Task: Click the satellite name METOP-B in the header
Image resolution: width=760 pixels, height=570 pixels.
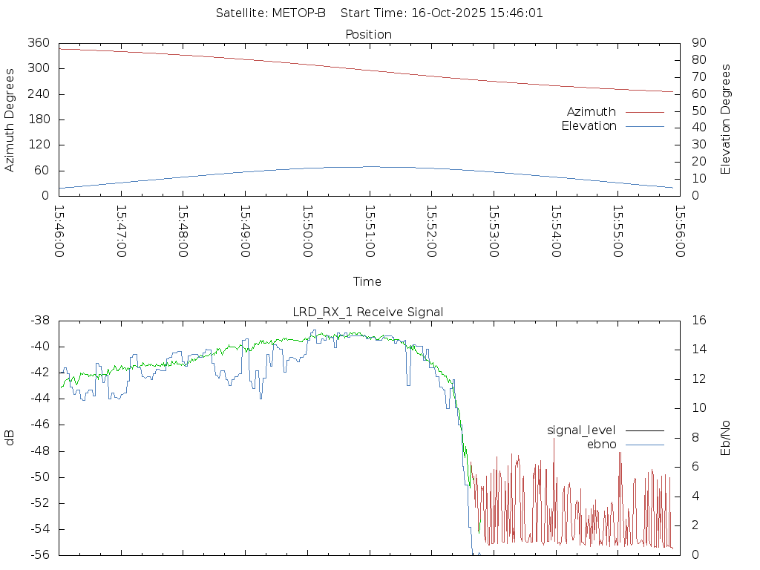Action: (x=301, y=13)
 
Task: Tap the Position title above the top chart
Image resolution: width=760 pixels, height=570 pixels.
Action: (x=369, y=34)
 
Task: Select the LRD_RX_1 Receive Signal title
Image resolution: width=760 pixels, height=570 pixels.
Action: (x=368, y=312)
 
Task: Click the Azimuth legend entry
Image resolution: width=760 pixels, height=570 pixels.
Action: (x=592, y=112)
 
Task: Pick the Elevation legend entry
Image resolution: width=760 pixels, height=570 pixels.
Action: (x=589, y=126)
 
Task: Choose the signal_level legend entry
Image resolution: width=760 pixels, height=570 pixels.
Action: (x=581, y=430)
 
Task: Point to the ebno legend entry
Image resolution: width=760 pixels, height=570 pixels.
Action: (x=601, y=444)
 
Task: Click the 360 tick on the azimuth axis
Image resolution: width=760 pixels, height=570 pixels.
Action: (x=38, y=43)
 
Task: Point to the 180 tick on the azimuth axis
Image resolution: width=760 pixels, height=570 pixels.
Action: (x=38, y=119)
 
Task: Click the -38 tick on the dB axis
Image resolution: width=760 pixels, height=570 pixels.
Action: (x=39, y=321)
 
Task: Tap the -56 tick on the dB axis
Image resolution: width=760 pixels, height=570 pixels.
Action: (x=39, y=554)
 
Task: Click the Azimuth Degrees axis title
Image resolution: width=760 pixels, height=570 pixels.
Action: (x=10, y=119)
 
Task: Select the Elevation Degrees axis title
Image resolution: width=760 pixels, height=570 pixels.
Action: (x=726, y=119)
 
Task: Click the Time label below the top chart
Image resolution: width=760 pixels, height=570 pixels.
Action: (x=367, y=281)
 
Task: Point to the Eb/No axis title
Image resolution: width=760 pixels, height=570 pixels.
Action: (x=726, y=437)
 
